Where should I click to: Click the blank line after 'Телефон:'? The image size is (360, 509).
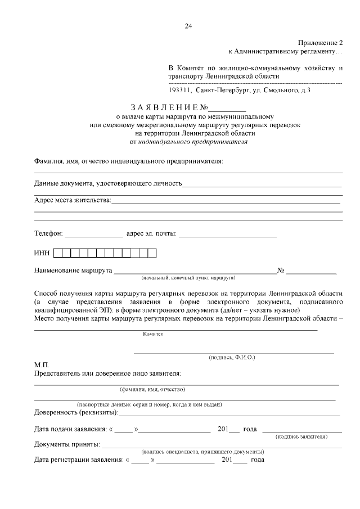[x=94, y=233]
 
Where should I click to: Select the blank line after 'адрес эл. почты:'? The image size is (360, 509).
[x=228, y=233]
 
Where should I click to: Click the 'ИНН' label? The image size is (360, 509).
[x=43, y=253]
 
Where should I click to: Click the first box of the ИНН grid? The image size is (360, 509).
[x=66, y=253]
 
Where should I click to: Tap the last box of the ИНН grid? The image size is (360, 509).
[x=151, y=253]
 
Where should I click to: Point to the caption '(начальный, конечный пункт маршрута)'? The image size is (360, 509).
[x=188, y=278]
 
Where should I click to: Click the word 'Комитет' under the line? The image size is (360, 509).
[x=152, y=334]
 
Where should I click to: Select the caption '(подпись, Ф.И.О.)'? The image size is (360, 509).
[x=232, y=357]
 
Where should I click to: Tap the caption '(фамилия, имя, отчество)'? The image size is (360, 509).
[x=152, y=389]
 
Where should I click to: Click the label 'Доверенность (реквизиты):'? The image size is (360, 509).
[x=76, y=413]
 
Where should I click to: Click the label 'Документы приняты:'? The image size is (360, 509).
[x=67, y=445]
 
